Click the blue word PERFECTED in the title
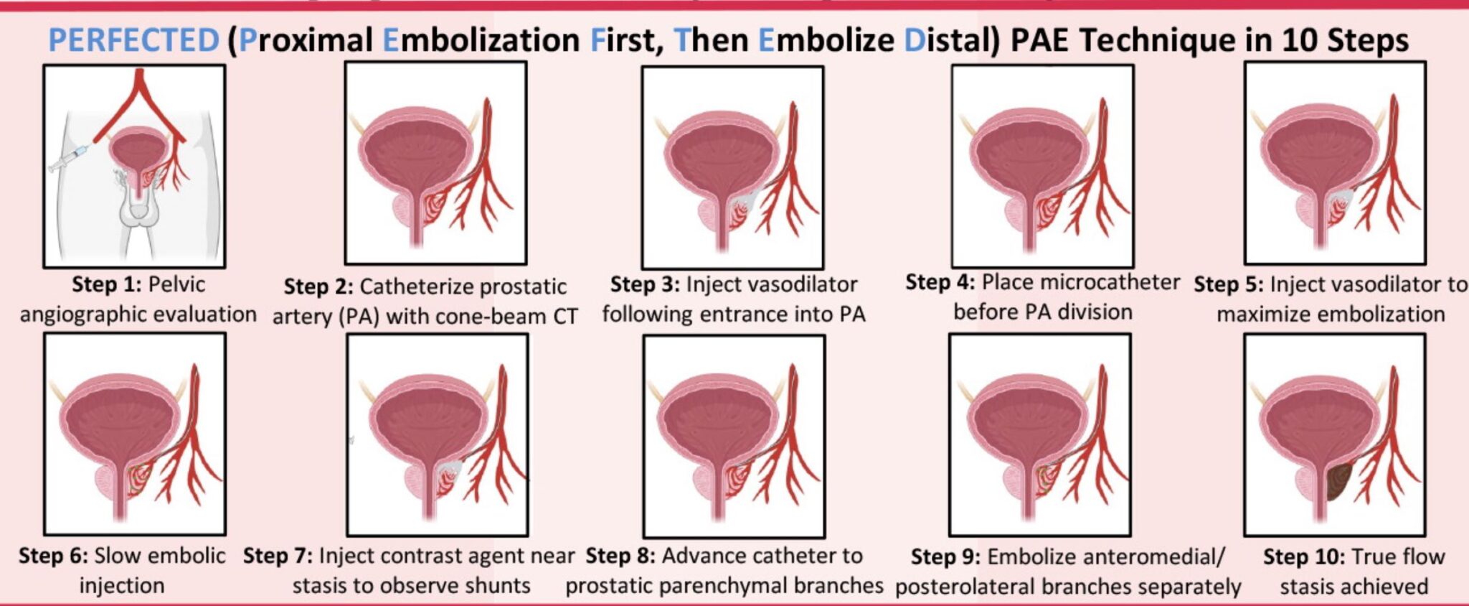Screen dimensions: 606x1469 [x=133, y=40]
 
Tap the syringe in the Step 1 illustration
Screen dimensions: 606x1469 [x=68, y=158]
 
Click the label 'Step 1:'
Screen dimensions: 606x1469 [x=107, y=285]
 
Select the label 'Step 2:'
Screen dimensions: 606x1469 [x=318, y=287]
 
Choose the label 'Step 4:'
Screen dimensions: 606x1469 [x=940, y=282]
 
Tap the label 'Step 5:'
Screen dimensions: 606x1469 [x=1229, y=285]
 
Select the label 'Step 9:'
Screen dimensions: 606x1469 [x=945, y=557]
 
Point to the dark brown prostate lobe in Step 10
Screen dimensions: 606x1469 [x=1337, y=483]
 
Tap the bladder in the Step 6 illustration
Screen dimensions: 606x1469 [x=118, y=416]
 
